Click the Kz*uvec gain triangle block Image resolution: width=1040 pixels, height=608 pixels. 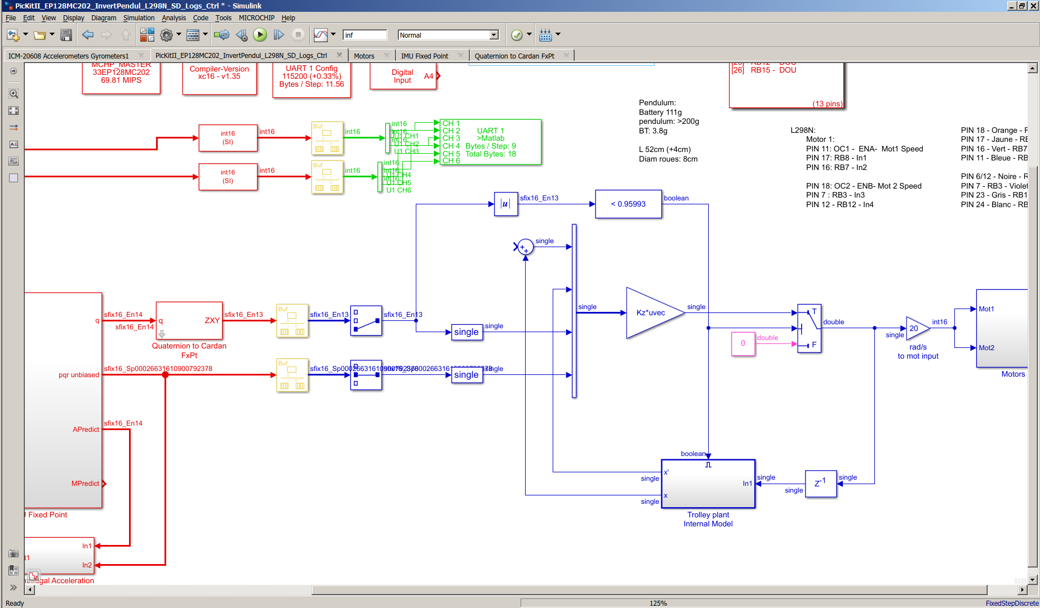tap(651, 313)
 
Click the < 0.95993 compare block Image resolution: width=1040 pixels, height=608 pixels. tap(628, 204)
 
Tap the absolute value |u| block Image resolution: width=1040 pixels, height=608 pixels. tap(505, 204)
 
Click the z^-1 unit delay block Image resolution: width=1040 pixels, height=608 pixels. tap(820, 484)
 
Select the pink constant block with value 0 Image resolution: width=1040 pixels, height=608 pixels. tap(743, 343)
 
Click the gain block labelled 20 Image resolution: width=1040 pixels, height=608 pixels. tap(915, 328)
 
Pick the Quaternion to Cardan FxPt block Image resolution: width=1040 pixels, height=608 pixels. tap(189, 320)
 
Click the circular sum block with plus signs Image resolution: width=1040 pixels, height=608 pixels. tap(525, 247)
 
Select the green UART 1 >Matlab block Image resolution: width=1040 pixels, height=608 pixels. tap(490, 142)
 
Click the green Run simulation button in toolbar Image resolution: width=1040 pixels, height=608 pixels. tap(260, 35)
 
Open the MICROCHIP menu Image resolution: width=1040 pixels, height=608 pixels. tap(256, 18)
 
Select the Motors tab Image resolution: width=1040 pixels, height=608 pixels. tap(364, 56)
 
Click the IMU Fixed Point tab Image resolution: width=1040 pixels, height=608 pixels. tap(424, 56)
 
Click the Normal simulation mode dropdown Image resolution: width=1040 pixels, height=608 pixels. tap(448, 35)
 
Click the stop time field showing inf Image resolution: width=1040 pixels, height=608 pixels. tap(365, 35)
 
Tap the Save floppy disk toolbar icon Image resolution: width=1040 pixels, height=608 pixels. tap(66, 35)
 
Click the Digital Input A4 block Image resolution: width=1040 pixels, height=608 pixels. tap(403, 76)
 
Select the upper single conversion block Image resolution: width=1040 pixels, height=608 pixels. tap(466, 332)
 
